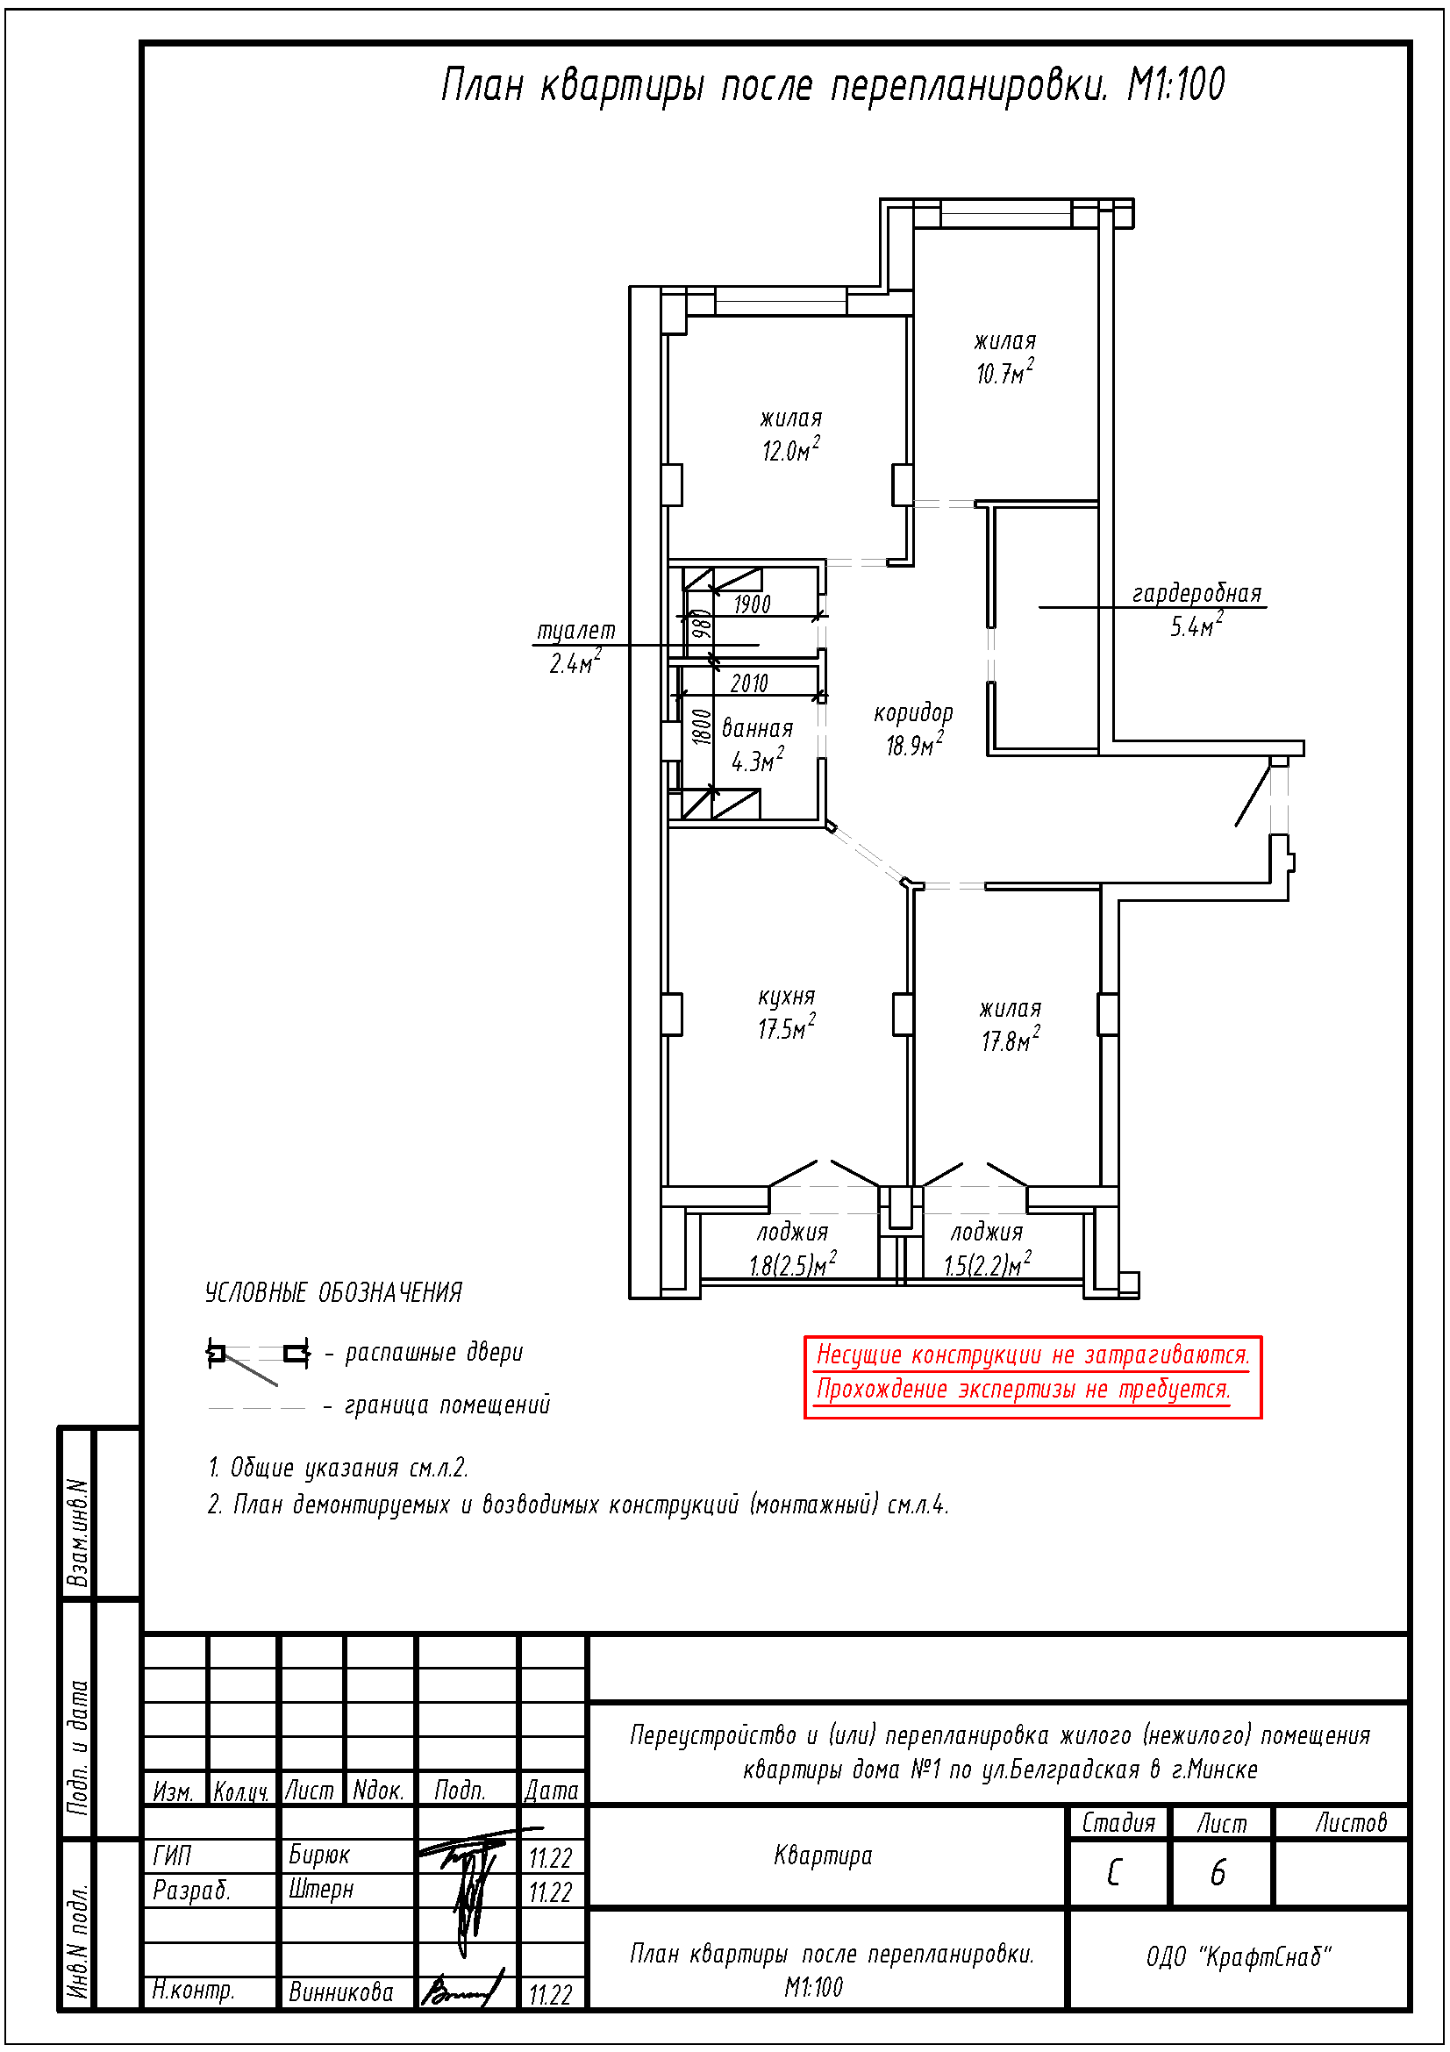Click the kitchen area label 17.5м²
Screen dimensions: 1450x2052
[x=786, y=1028]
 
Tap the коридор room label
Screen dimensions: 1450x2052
[x=913, y=712]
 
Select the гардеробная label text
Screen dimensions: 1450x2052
[x=1196, y=593]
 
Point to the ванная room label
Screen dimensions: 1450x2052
[x=757, y=728]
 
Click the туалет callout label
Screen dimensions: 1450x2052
[x=575, y=631]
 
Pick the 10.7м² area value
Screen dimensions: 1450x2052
[x=1005, y=371]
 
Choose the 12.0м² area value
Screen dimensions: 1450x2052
[x=790, y=448]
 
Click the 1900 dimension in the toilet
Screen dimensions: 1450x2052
[x=752, y=605]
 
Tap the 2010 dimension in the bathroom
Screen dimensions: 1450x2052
[x=748, y=683]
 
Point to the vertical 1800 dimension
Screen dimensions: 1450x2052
[x=703, y=726]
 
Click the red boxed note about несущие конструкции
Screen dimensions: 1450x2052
[x=1032, y=1376]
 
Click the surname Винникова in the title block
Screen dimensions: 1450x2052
[x=340, y=1992]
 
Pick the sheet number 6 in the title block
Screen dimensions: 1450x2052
[x=1218, y=1871]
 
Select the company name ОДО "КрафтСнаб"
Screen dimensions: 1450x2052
[x=1239, y=1957]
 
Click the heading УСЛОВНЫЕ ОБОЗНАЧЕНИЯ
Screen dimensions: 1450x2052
[x=333, y=1292]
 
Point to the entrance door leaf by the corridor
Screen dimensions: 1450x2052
[x=1253, y=795]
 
